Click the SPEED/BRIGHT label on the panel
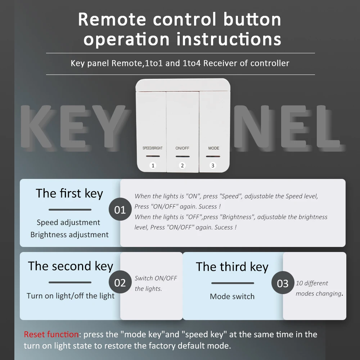(x=152, y=148)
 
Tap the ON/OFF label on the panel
(x=182, y=148)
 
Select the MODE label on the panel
(x=213, y=148)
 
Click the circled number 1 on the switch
(x=153, y=165)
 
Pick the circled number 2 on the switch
(x=182, y=165)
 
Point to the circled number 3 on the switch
(x=213, y=165)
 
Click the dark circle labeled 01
(x=120, y=209)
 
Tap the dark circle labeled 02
(x=120, y=282)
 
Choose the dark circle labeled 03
(x=283, y=283)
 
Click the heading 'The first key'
(x=69, y=193)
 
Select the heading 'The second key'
(x=71, y=266)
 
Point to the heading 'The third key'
(x=232, y=267)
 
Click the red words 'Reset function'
(x=51, y=334)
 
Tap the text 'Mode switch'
(x=232, y=296)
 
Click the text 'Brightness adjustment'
(x=69, y=235)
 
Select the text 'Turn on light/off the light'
(x=71, y=296)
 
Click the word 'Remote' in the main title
(x=112, y=19)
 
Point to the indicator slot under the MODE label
(x=213, y=156)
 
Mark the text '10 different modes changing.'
(x=319, y=288)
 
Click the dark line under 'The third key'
(x=233, y=283)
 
